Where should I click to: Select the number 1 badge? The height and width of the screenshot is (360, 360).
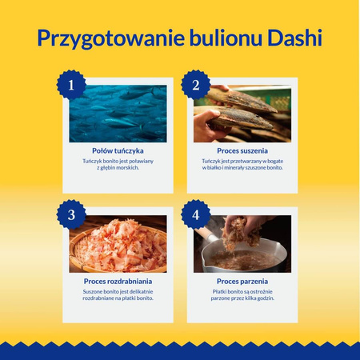(x=71, y=83)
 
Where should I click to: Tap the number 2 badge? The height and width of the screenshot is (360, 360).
(x=195, y=83)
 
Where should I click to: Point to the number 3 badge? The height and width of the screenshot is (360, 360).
(x=71, y=214)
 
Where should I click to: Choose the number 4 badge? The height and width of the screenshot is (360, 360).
(x=195, y=214)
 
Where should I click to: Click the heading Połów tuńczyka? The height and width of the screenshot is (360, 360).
(x=118, y=150)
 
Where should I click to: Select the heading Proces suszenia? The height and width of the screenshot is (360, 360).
(x=242, y=150)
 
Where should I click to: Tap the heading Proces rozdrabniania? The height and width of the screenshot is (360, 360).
(x=118, y=282)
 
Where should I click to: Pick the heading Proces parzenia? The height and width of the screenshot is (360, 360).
(x=242, y=282)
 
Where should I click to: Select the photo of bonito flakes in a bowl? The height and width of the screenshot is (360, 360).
(x=118, y=245)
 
